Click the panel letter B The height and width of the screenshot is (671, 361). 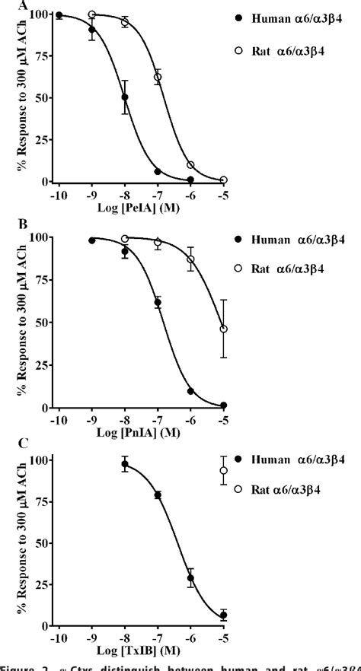click(x=5, y=225)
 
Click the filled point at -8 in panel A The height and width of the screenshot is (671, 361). click(x=125, y=97)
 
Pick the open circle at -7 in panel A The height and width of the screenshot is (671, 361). click(x=158, y=77)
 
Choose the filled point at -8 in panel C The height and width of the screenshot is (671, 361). click(x=125, y=464)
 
